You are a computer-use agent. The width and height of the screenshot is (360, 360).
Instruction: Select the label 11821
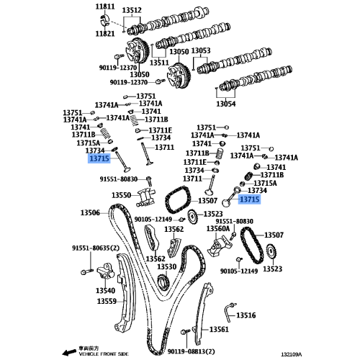(x=105, y=33)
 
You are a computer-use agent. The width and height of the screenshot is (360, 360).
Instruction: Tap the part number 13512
(x=132, y=10)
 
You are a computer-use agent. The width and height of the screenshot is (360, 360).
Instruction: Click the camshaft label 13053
(x=201, y=50)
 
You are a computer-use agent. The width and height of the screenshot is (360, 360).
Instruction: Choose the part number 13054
(x=226, y=104)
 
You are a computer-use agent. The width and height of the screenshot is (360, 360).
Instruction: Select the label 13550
(x=120, y=195)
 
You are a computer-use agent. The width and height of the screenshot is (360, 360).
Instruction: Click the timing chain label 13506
(x=90, y=212)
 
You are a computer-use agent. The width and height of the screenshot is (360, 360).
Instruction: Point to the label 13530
(x=166, y=267)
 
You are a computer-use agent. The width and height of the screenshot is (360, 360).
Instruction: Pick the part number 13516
(x=246, y=315)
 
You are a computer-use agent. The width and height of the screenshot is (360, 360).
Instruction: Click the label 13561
(x=220, y=329)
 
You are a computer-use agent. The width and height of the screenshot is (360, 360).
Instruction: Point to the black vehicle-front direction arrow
(x=67, y=354)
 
